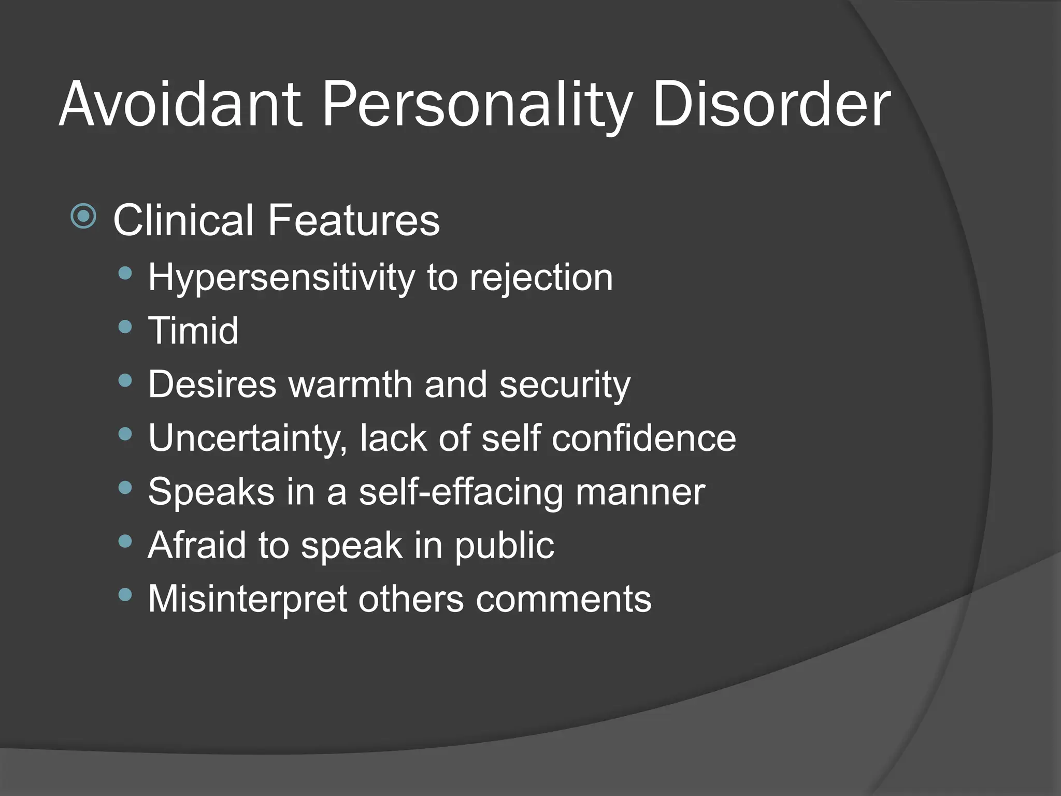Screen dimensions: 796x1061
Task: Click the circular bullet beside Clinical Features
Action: [83, 216]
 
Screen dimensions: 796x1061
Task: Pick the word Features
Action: [354, 220]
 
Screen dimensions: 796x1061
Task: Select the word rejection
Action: [541, 278]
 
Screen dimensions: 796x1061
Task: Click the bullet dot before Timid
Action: [125, 326]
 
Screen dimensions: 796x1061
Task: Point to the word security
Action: [565, 386]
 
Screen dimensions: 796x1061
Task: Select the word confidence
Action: [643, 438]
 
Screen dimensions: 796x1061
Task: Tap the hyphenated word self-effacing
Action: [461, 492]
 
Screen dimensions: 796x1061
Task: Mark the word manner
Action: [640, 492]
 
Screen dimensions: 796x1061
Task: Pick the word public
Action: [504, 546]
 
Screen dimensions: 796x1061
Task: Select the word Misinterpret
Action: [247, 599]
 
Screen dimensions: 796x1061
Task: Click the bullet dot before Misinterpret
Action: [125, 594]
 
